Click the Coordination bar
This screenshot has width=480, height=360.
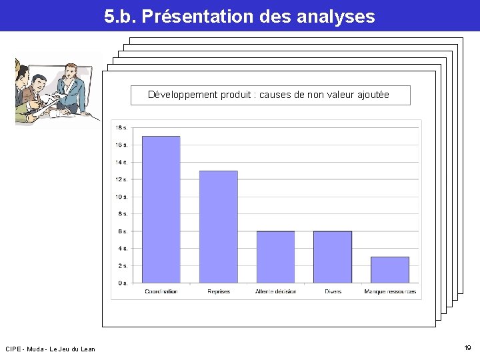click(x=161, y=209)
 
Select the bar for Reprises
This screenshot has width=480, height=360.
click(x=218, y=227)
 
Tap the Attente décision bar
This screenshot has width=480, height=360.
click(x=275, y=257)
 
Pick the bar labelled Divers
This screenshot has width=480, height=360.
click(x=332, y=257)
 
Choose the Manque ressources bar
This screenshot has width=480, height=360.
click(x=389, y=269)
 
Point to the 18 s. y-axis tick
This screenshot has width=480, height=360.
click(x=121, y=127)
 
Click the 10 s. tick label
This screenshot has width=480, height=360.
click(x=121, y=197)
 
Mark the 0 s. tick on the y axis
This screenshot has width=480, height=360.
click(x=123, y=283)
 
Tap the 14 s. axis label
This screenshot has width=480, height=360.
click(x=121, y=162)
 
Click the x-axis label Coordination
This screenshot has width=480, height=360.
click(x=161, y=291)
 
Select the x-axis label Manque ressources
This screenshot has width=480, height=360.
click(x=390, y=291)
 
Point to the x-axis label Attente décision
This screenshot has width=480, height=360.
click(x=275, y=291)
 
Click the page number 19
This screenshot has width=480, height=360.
click(x=467, y=348)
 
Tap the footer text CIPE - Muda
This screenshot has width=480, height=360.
click(x=24, y=349)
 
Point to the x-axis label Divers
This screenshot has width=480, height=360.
click(x=333, y=291)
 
